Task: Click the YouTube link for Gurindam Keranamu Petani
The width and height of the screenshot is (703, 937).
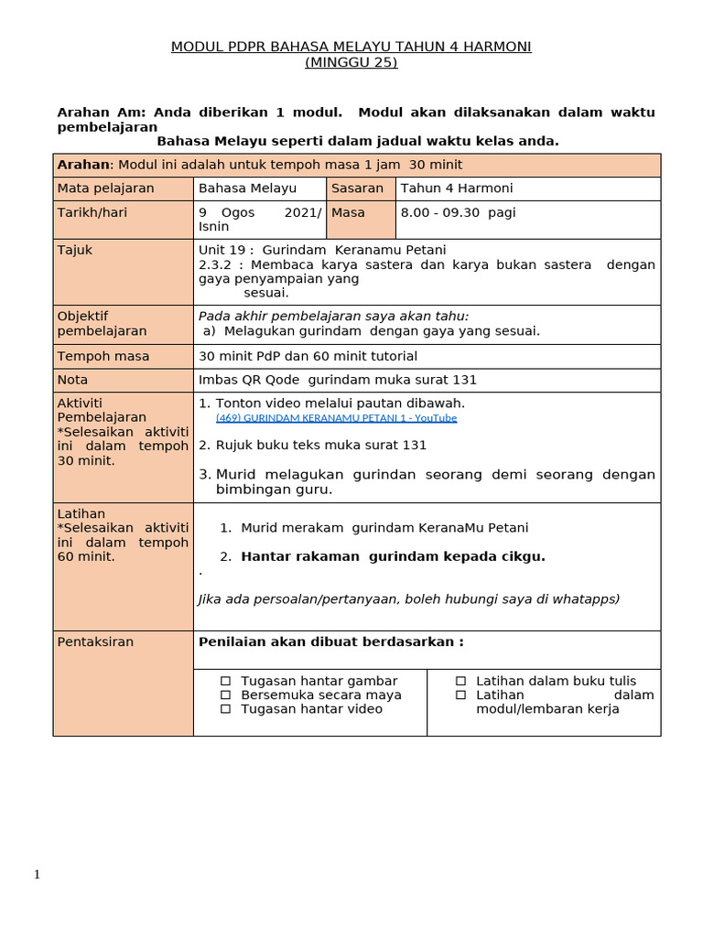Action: coord(336,418)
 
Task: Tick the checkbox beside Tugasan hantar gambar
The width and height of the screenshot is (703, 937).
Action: coord(225,681)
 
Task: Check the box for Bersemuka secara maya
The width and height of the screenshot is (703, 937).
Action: coord(225,695)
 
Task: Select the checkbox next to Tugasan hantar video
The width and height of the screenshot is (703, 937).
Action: coord(225,708)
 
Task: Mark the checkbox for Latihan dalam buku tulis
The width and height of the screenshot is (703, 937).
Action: coord(460,681)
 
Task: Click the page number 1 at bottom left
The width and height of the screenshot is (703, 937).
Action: coord(38,875)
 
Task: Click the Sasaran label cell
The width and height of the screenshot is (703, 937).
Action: coord(358,188)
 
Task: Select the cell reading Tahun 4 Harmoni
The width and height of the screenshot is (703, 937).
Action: coord(457,188)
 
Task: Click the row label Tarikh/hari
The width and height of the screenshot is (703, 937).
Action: coord(92,212)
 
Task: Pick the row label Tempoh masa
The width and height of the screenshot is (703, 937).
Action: coord(103,356)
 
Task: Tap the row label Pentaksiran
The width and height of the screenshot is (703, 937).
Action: coord(95,641)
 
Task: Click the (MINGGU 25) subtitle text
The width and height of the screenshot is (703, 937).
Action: coord(351,62)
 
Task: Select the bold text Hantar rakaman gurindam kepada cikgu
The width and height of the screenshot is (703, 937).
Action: coord(393,556)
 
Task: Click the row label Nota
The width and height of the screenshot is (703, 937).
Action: coord(73,380)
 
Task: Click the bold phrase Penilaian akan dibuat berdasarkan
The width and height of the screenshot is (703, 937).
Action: coord(330,641)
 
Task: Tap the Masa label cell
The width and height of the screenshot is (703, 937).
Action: coord(348,212)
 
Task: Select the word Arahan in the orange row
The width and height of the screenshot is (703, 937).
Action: coord(83,165)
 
